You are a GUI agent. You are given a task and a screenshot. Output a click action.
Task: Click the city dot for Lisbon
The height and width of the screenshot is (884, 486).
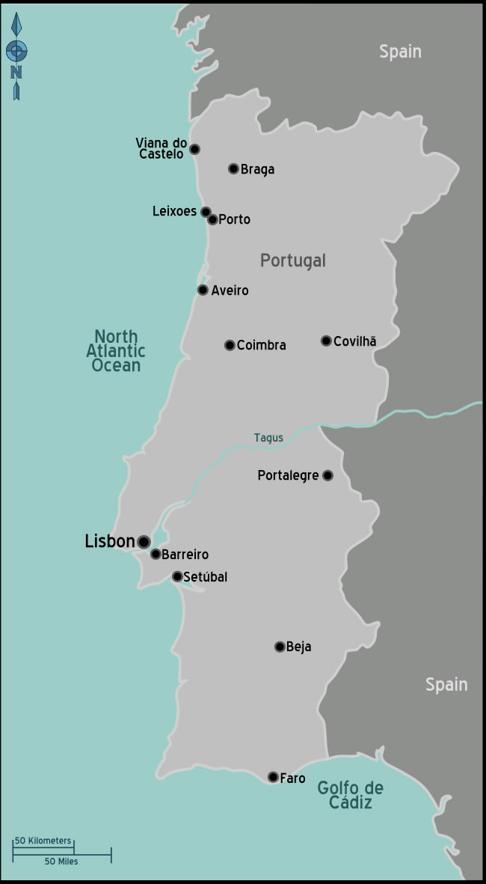click(144, 541)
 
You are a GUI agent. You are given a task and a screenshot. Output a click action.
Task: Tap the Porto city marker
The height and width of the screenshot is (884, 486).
click(213, 219)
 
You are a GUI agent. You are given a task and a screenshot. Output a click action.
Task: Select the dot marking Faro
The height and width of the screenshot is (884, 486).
click(273, 777)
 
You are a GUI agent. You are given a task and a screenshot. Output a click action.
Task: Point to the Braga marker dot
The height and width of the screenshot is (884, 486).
click(233, 168)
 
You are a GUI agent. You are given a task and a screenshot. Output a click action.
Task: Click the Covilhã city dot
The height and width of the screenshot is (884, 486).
click(326, 341)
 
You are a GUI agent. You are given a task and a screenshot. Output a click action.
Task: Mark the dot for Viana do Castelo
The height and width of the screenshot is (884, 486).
click(194, 149)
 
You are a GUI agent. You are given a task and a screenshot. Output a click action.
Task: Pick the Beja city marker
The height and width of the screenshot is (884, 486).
click(280, 647)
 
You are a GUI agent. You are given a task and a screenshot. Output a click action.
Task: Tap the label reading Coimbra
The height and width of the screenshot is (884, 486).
click(261, 345)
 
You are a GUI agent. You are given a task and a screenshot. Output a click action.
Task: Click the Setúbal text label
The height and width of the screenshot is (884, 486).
click(205, 577)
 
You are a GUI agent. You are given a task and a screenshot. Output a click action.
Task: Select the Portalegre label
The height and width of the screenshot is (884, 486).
click(288, 475)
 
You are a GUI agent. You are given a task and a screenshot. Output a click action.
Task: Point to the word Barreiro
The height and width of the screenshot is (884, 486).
click(185, 555)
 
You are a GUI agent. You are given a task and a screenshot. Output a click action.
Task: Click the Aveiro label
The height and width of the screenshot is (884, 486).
click(230, 290)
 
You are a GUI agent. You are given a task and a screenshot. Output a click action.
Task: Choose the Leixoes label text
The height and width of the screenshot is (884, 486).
click(174, 212)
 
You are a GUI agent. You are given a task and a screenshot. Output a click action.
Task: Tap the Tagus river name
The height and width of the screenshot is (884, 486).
click(268, 438)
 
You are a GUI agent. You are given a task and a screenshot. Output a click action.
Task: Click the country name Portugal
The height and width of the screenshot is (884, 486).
click(293, 260)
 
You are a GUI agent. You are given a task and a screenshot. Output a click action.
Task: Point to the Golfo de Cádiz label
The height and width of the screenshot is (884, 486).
click(350, 795)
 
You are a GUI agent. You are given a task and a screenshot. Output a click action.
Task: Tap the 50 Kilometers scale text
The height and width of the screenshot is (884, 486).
click(43, 841)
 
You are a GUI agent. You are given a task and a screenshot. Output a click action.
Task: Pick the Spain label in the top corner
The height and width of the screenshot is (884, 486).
click(400, 52)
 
